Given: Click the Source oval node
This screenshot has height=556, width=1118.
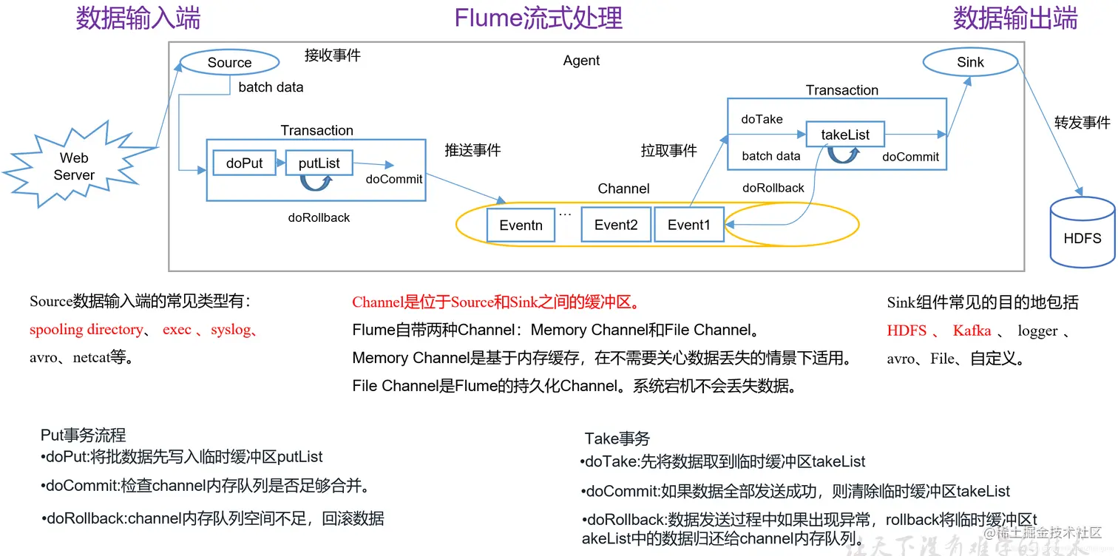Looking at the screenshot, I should [x=230, y=63].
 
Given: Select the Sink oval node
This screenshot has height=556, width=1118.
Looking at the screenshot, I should [x=970, y=63].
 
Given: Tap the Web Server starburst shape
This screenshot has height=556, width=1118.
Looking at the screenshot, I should [x=75, y=166].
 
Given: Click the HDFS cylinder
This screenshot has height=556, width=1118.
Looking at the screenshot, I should [x=1083, y=231].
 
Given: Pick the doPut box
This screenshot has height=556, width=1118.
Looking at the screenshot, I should [x=245, y=163].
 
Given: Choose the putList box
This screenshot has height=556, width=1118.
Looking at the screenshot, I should [x=319, y=163].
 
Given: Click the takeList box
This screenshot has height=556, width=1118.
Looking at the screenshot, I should [x=845, y=135].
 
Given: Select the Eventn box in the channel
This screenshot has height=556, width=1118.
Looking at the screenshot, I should [x=521, y=226].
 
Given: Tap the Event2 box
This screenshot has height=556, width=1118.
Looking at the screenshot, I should [x=616, y=226].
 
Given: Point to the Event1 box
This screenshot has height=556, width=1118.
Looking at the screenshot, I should [x=689, y=226].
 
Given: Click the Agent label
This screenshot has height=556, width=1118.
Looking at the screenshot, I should [x=581, y=61].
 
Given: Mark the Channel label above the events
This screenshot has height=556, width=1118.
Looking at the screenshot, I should [x=624, y=189].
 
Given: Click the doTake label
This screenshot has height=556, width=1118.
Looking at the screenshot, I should [x=762, y=119].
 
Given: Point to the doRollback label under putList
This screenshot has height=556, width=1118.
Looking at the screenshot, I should [x=319, y=218].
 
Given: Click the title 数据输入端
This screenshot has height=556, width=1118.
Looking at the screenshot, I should [x=138, y=18].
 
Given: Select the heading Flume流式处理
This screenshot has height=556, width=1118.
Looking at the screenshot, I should [x=538, y=18].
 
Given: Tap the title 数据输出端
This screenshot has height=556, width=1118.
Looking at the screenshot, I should [x=1015, y=18].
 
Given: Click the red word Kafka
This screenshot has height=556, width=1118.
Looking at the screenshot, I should [x=972, y=330].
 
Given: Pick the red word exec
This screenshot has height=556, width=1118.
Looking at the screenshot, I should [x=177, y=330].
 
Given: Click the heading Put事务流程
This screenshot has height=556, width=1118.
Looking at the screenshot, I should [x=84, y=435].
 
